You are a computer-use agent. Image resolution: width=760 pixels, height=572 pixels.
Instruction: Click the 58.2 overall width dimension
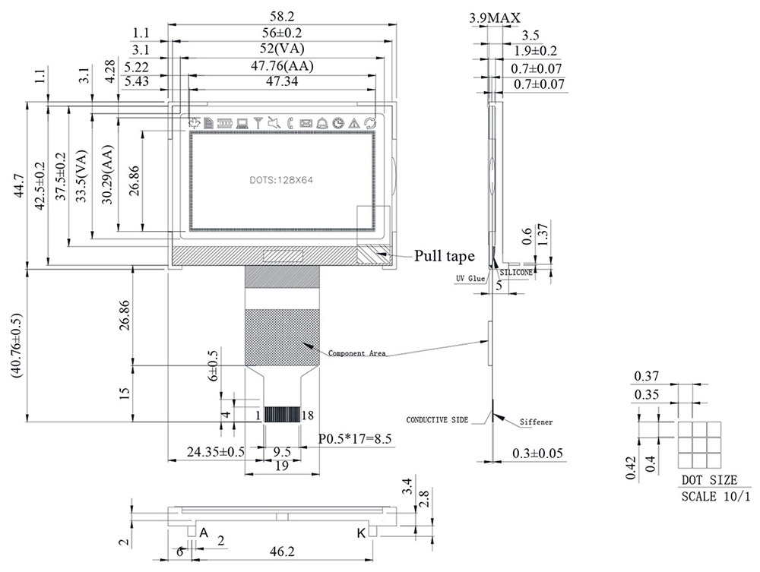pos(282,17)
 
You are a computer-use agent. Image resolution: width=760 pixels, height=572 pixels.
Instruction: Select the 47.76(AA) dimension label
pos(282,65)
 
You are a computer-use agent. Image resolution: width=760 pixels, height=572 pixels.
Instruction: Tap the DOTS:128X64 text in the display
pos(282,180)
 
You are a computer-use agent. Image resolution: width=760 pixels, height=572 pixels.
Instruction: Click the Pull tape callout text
pos(444,256)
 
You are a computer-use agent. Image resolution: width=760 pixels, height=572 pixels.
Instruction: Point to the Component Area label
pos(357,353)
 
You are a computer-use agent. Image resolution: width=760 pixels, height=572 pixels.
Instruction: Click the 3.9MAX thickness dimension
pos(495,18)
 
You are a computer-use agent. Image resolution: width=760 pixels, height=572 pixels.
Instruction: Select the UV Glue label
pos(470,279)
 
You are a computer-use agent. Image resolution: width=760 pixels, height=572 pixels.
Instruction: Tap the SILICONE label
pos(516,273)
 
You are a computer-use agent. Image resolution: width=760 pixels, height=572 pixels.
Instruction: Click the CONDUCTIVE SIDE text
pos(437,420)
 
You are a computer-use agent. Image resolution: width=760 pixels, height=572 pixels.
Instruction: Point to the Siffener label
pos(536,422)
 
